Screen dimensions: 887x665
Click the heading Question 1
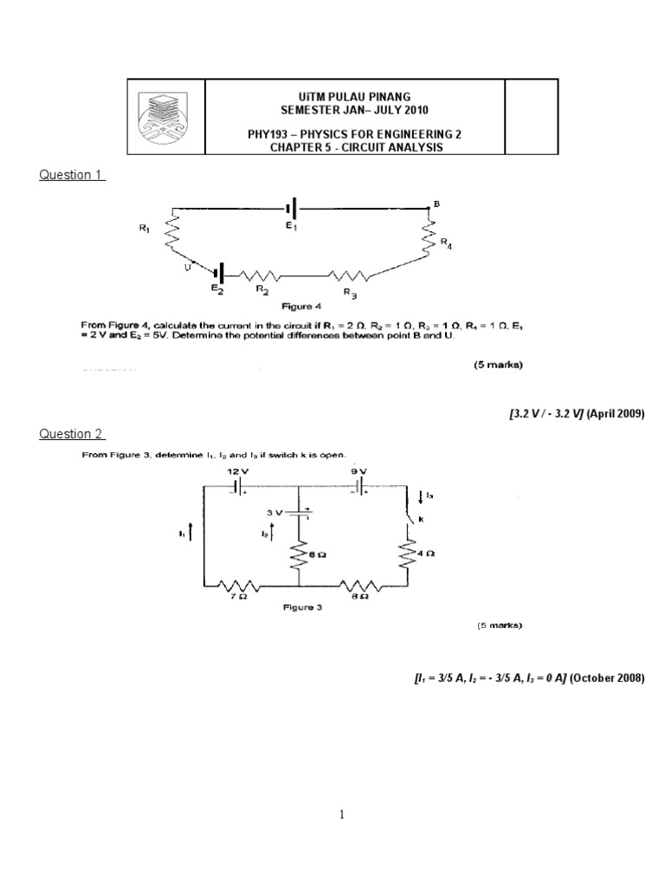[72, 175]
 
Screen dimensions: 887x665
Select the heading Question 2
[72, 434]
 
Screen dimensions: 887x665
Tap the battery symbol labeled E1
[292, 209]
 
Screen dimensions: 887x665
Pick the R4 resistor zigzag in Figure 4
[428, 236]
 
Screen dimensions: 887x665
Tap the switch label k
[421, 519]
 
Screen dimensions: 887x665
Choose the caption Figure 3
[303, 607]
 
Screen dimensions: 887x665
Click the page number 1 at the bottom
[342, 814]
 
